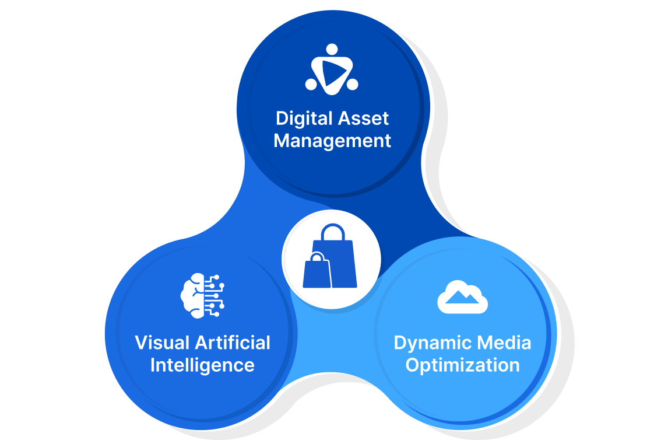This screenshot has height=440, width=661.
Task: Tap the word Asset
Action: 364,119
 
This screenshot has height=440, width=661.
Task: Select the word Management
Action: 332,141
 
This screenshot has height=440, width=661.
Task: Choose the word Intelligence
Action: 202,365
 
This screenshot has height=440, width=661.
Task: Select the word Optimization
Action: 462,365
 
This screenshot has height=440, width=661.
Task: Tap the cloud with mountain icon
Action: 462,297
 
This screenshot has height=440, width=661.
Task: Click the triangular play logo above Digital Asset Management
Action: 332,71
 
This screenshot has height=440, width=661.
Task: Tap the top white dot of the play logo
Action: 332,49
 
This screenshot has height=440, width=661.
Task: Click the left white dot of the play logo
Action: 311,85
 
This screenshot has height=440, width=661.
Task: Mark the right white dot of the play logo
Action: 352,85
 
